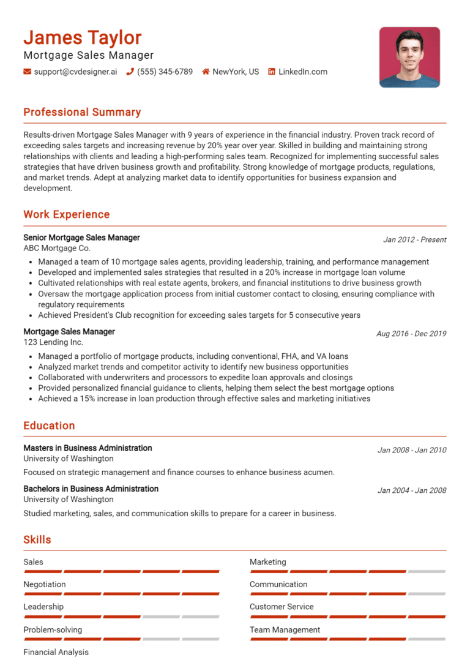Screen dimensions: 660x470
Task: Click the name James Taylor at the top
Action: point(82,38)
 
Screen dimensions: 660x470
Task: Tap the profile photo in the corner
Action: point(409,57)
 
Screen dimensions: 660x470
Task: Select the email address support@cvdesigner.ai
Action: point(75,72)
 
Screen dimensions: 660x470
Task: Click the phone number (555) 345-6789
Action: point(165,72)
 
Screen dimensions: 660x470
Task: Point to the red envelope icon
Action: point(27,72)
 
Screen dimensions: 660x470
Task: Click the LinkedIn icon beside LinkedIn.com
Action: point(272,72)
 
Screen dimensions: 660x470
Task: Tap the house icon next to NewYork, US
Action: point(206,72)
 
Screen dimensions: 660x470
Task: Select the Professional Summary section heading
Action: point(82,112)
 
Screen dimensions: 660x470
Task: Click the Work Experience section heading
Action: point(67,214)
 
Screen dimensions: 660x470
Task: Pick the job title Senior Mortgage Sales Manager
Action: point(81,238)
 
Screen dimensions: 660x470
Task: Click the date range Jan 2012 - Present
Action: point(414,239)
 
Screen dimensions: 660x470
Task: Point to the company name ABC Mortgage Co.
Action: point(57,248)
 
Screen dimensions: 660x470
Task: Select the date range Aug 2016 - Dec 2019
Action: point(411,334)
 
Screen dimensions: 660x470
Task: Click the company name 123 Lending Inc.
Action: point(53,342)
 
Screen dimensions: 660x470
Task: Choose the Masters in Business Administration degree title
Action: point(88,448)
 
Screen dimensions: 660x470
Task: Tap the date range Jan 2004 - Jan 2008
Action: point(412,490)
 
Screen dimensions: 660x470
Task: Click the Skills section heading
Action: point(37,539)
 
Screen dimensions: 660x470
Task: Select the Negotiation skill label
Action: point(45,584)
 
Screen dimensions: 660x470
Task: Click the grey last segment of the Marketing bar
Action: point(427,571)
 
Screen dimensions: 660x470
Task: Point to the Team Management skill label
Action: point(285,629)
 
